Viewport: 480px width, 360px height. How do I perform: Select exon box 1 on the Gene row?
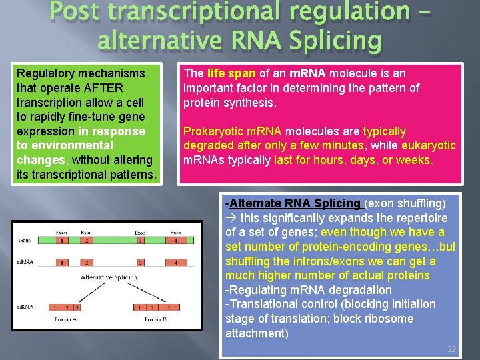(61, 240)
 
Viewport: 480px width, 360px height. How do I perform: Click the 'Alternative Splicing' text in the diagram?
(109, 276)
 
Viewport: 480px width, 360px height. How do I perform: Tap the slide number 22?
(451, 349)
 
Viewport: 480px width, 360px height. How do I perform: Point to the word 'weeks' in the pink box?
(415, 160)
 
